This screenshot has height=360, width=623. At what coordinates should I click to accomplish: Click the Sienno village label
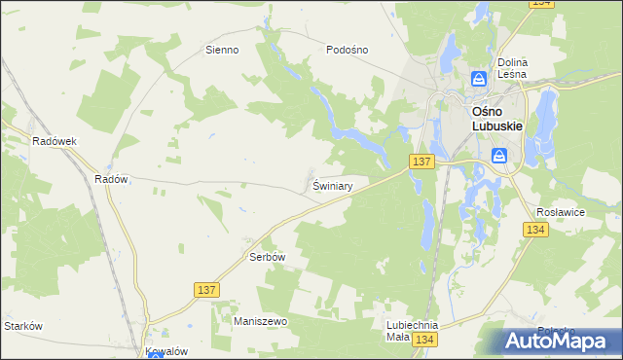coord(222,50)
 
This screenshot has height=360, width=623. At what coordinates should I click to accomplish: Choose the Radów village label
coord(111,179)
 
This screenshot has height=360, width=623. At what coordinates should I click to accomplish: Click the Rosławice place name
coord(559,211)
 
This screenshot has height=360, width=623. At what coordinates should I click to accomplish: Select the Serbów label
coord(267,257)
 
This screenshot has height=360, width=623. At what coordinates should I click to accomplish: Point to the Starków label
coord(23,326)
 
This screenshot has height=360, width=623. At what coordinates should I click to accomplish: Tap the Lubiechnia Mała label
coord(411,331)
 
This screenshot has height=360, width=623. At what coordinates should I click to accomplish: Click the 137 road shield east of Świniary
coord(421,160)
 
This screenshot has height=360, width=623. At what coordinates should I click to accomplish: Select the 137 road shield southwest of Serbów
coord(206,290)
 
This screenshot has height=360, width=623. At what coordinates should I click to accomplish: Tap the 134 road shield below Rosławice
coord(534,230)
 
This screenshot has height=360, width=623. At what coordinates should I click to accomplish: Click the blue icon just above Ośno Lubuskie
coord(479,79)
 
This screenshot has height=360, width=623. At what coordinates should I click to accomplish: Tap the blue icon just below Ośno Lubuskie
coord(499,156)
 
